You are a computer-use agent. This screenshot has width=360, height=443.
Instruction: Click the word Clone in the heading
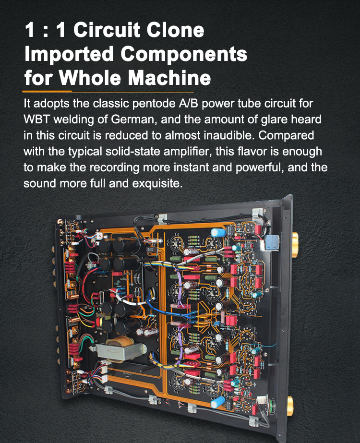178,31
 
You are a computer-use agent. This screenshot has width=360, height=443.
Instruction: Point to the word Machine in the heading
170,77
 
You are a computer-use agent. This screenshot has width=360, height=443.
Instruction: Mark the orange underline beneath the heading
108,91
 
